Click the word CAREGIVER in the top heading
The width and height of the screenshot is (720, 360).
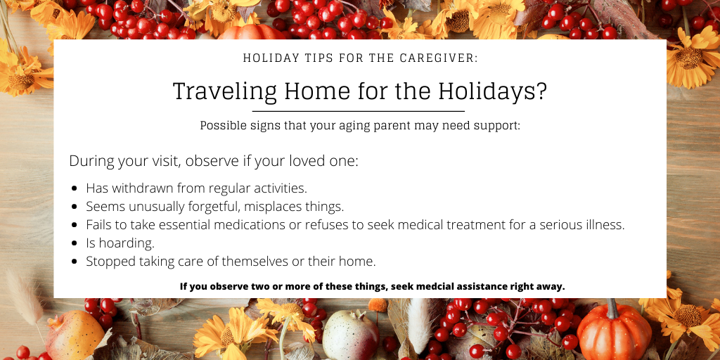point(439,58)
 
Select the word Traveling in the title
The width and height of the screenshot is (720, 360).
point(224,92)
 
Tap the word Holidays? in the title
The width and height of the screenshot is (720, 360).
point(492,92)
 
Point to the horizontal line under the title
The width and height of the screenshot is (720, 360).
point(358,111)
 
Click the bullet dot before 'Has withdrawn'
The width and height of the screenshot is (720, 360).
point(75,188)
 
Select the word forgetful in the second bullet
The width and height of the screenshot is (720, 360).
point(215,207)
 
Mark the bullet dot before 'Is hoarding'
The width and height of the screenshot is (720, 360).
point(75,243)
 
